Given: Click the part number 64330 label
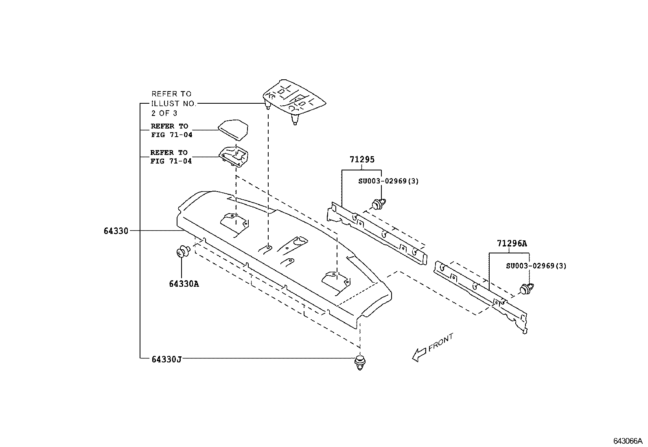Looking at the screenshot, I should coord(116,231).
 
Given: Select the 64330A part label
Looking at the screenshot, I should coord(184,283).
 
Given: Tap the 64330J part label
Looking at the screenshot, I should coord(166,359).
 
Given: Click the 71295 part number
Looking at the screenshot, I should coord(361,159).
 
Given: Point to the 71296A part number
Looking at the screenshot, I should coord(512,244).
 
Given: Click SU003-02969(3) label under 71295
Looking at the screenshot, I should coord(388,181).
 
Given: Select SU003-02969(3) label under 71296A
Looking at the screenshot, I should coord(536,266).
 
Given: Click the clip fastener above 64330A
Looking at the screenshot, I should coord(184,251).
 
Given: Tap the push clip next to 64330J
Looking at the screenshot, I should coord(360,362).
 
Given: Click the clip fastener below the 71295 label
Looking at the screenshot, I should coord(379,203).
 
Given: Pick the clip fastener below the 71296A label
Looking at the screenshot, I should coord(527,289).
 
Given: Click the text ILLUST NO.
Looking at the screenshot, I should coord(174,104).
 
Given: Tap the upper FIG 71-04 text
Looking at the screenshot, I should coord(171,135).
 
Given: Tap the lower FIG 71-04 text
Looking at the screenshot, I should coord(171,161).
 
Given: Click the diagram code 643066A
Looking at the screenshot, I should coord(628,441).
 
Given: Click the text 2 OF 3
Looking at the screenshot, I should coord(164,113).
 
